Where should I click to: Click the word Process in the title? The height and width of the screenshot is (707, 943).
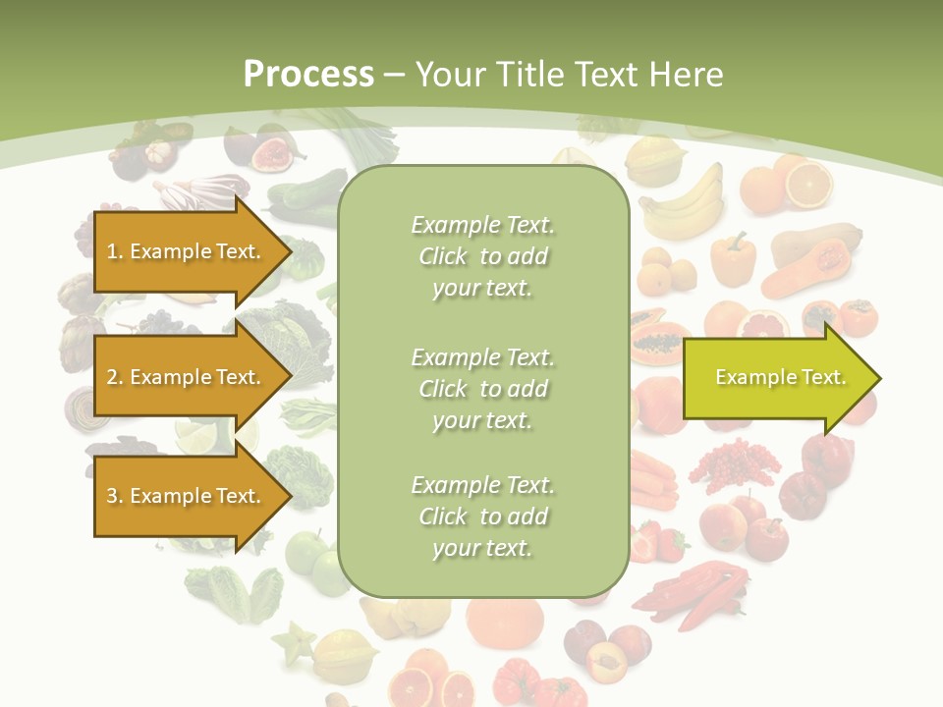[308, 75]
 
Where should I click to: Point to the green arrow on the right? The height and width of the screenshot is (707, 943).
[780, 378]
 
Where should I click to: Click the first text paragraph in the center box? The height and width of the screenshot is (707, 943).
[482, 256]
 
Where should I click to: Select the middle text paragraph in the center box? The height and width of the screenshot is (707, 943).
[482, 389]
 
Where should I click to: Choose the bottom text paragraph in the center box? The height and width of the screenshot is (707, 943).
[482, 517]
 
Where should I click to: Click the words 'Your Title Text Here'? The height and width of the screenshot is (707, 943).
[569, 75]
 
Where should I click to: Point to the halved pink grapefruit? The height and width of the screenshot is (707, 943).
[764, 323]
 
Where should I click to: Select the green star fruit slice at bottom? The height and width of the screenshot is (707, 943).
[295, 643]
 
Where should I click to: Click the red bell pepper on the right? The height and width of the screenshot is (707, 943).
[825, 460]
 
